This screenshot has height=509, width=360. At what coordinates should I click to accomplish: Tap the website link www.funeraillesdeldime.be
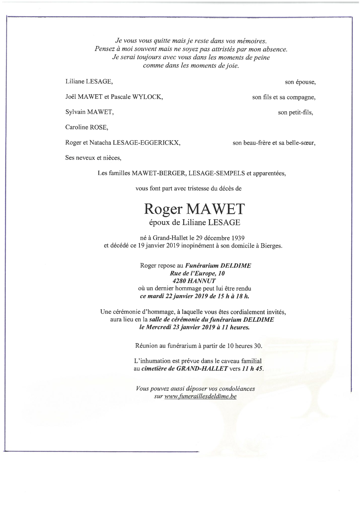200,396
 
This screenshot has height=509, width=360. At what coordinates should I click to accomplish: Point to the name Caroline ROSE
87,127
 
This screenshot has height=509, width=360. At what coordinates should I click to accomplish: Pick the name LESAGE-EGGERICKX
146,143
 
